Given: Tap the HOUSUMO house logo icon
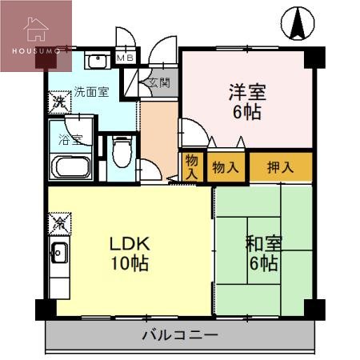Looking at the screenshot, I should click(37, 30).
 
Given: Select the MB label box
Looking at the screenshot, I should click(126, 58).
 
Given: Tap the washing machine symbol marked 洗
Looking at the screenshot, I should click(59, 102).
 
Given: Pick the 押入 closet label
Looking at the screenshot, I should click(279, 167).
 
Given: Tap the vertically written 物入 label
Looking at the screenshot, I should click(191, 166).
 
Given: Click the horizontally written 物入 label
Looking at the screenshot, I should click(225, 167).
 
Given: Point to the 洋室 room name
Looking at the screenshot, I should click(246, 91).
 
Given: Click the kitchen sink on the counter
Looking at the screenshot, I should click(58, 254).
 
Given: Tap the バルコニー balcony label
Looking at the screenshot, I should click(180, 334).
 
